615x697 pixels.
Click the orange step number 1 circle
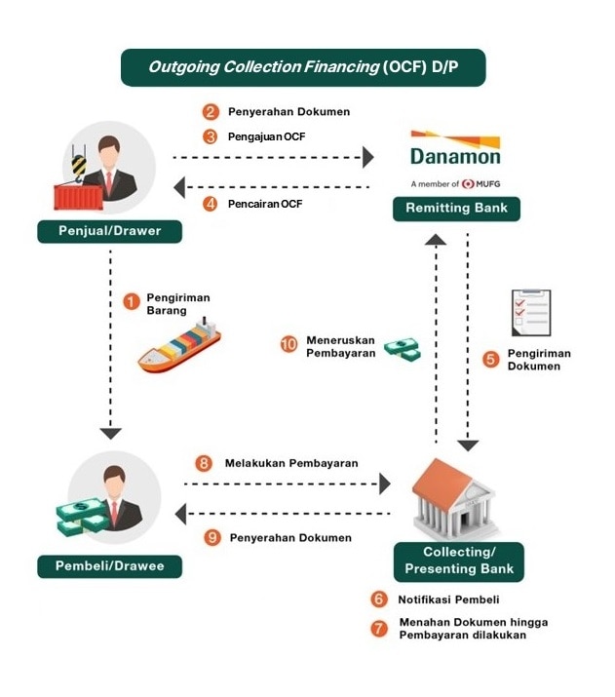click(131, 302)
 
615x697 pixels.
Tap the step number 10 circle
click(288, 344)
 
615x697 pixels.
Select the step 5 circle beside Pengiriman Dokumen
click(491, 359)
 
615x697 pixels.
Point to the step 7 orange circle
click(379, 628)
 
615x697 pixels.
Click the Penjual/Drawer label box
click(110, 231)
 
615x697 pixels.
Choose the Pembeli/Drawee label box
click(110, 566)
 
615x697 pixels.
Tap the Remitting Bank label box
click(456, 209)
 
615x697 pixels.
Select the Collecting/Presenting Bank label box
click(459, 561)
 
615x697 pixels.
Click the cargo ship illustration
click(179, 346)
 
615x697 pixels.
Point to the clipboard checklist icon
click(531, 313)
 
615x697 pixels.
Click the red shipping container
click(78, 197)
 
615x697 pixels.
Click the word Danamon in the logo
click(455, 157)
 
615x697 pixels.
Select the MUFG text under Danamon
click(488, 184)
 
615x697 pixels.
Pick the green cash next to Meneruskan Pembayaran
click(403, 349)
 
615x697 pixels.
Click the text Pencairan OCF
click(265, 204)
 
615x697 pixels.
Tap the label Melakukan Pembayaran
click(291, 463)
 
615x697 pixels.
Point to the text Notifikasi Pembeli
click(448, 600)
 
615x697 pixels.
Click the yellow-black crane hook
click(79, 168)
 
